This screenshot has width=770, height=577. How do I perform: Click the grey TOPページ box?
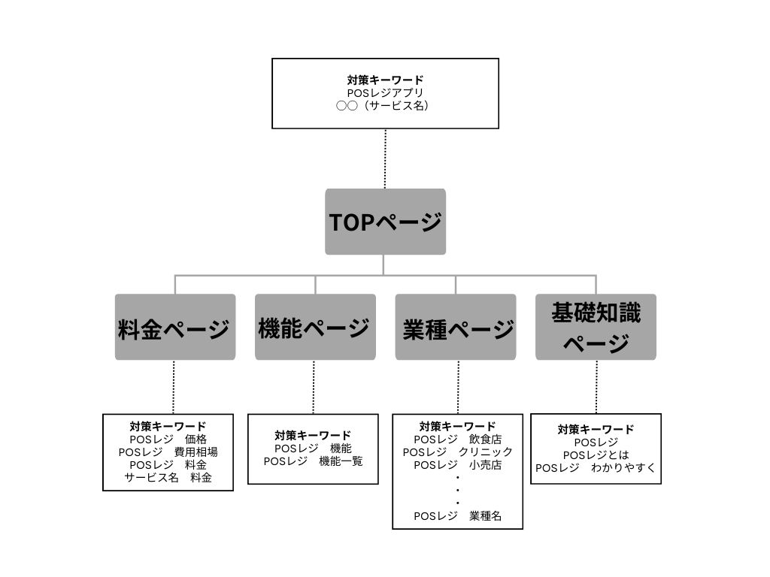[x=385, y=222]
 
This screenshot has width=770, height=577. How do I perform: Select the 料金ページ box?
[x=174, y=328]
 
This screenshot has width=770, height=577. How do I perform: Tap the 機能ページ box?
[x=315, y=328]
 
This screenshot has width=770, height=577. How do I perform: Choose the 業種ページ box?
[x=456, y=328]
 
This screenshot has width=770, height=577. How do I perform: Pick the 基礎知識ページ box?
[x=596, y=328]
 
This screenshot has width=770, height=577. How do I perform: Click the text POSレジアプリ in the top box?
[x=385, y=92]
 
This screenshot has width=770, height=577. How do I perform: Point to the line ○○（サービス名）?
[x=385, y=106]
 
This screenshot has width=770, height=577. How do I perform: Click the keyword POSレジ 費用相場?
[x=168, y=452]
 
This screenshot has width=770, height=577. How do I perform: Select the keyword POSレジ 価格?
[x=168, y=439]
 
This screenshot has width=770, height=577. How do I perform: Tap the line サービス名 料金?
[x=168, y=477]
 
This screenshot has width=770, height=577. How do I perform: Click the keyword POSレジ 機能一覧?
[x=313, y=461]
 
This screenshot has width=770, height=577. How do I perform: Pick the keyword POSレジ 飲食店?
[x=457, y=439]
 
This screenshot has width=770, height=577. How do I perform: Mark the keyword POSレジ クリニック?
[x=457, y=452]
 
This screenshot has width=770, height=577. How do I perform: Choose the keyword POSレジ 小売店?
[x=457, y=464]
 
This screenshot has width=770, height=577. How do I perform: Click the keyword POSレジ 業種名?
[x=457, y=515]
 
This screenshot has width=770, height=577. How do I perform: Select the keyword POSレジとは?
[x=596, y=455]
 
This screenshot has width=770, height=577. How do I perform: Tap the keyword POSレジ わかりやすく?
[x=596, y=467]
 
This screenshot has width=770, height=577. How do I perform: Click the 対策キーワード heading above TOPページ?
[x=385, y=80]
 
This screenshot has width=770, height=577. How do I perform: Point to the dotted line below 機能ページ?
[x=314, y=387]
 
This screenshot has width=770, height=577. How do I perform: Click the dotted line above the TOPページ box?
[x=385, y=159]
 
